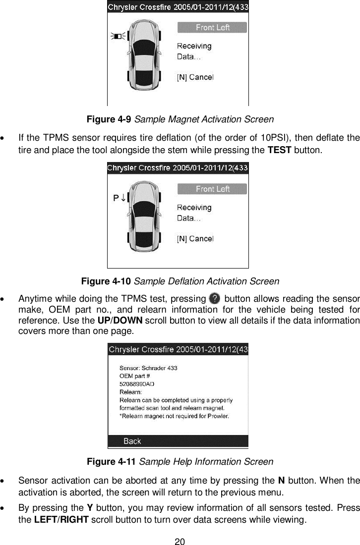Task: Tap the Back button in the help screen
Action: pos(132,440)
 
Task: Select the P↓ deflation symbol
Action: pos(120,197)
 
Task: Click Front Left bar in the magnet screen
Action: pos(212,27)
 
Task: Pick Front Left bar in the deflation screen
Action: pos(212,189)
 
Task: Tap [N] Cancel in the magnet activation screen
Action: pos(195,77)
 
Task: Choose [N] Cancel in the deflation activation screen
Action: pos(195,238)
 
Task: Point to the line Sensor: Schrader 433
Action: pos(149,368)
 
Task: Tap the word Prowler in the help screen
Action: pos(217,416)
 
